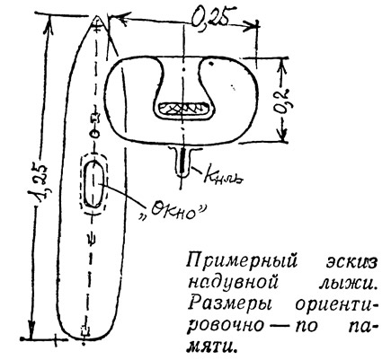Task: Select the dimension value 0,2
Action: [282, 100]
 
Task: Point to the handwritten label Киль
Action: [223, 176]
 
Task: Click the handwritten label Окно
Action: [173, 212]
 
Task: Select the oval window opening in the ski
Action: [93, 183]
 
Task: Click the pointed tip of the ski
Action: [97, 17]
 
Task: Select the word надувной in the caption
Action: [233, 281]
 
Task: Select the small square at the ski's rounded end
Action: [86, 330]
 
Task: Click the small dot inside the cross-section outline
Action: [211, 63]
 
